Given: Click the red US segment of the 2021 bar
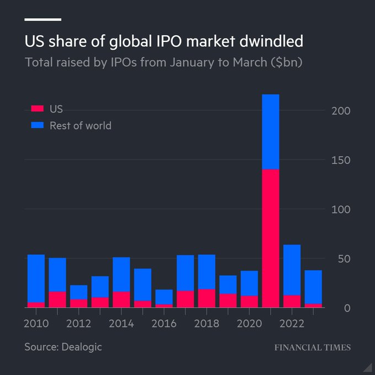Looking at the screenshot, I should [270, 238].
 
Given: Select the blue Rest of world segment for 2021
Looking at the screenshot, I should [270, 131].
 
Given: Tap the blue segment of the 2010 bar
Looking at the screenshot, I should [36, 278].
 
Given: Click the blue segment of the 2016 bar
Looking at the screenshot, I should [164, 297].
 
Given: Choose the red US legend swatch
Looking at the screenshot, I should [37, 109].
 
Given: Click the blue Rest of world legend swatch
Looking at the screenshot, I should [37, 126].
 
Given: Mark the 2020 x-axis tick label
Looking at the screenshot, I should [249, 323].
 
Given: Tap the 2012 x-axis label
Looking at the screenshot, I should [78, 323].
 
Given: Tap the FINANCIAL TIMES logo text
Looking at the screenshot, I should [313, 347].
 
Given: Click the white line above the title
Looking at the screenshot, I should [43, 19].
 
